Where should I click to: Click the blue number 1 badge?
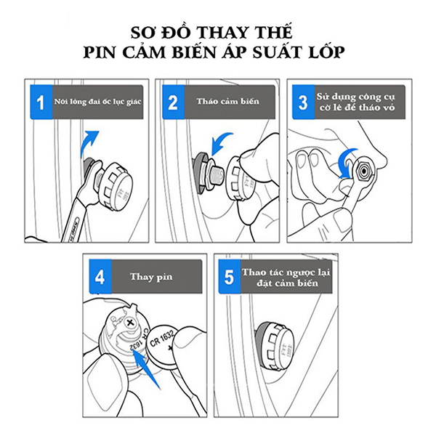coord(41,102)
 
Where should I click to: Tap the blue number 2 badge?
coord(173,102)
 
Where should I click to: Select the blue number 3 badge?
coord(303,102)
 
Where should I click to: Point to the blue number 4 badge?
coord(100,276)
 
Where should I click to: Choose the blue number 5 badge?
coord(230,276)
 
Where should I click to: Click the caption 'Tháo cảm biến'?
coord(227,101)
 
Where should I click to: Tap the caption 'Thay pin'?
coord(151,277)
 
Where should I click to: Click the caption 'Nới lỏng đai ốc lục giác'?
coord(97,102)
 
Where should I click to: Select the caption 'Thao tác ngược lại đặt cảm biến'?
coord(286,278)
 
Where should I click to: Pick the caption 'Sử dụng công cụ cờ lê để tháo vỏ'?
coord(357,102)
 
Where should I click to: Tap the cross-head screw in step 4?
coord(129,323)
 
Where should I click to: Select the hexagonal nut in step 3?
coord(363,171)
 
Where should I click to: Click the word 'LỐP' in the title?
coord(326,52)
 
